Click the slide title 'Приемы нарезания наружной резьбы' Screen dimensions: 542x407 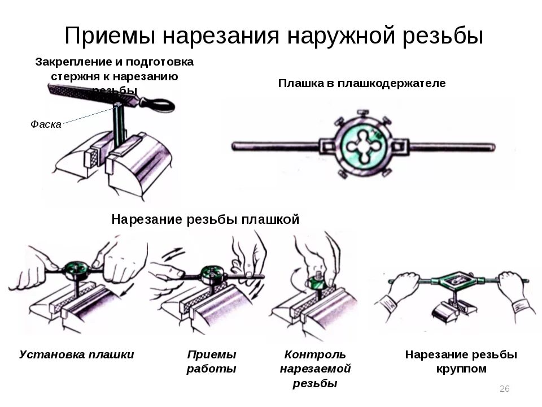point(274,36)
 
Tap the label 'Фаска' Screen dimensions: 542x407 point(46,124)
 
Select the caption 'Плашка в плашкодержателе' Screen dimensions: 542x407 point(362,84)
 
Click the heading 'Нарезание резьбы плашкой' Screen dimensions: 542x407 point(205,219)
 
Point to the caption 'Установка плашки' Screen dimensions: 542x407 point(77,355)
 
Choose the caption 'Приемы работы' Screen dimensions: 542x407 point(211,362)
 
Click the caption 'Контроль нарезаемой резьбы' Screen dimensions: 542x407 point(315,369)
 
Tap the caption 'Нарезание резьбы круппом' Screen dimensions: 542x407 point(461,362)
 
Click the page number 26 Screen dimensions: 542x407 point(505,388)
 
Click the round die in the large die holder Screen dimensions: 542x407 point(361,146)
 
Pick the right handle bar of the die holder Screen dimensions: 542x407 point(452,147)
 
